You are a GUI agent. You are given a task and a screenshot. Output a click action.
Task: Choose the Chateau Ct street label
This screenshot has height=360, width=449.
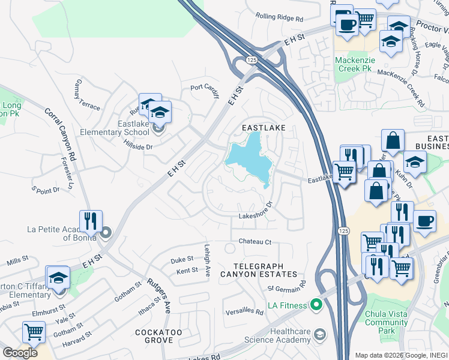click(256, 242)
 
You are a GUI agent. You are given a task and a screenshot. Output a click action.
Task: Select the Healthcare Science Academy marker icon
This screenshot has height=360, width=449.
click(320, 334)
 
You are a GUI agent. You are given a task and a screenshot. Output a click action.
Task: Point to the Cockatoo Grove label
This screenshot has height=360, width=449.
click(158, 336)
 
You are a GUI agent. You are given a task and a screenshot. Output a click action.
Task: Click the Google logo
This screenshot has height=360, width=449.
click(20, 352)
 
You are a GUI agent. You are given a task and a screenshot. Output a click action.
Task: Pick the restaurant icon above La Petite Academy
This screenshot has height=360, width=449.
click(91, 220)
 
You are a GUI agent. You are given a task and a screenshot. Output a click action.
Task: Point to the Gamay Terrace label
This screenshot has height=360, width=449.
click(88, 95)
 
